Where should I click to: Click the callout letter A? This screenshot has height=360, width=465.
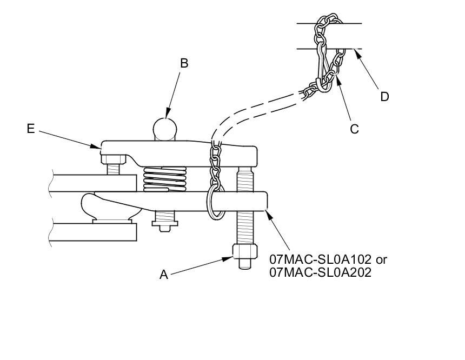(164, 275)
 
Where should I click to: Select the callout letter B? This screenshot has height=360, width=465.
(184, 63)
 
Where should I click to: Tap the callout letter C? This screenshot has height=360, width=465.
(354, 129)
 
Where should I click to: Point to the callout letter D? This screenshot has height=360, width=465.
(384, 97)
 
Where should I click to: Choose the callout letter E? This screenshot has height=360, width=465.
(31, 129)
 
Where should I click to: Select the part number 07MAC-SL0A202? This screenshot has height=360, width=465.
(320, 272)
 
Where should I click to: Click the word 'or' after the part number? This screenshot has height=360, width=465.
(381, 260)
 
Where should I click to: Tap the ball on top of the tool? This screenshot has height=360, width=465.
(165, 129)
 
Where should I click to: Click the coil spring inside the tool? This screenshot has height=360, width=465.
(165, 179)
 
